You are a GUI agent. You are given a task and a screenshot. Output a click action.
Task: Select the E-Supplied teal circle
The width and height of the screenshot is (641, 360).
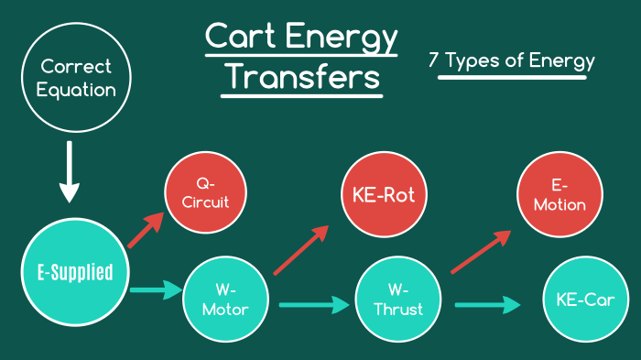tap(69, 271)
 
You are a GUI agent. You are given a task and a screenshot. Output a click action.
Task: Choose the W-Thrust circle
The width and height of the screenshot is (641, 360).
tap(398, 299)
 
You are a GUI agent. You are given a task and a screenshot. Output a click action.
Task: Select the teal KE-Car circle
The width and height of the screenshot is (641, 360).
tap(586, 299)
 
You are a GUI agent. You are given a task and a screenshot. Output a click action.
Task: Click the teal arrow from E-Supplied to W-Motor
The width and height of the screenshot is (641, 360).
tap(153, 291)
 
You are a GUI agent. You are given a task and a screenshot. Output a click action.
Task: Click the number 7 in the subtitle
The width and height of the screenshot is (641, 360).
tap(433, 62)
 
